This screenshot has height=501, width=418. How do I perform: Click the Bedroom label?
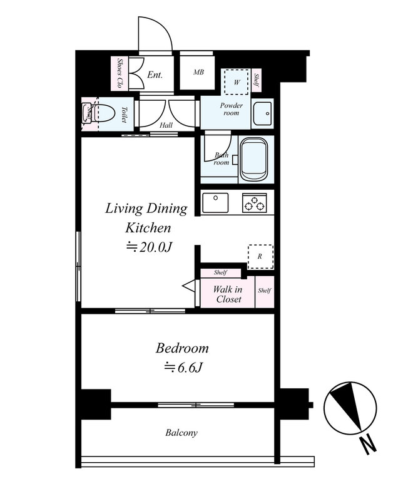[x=182, y=348]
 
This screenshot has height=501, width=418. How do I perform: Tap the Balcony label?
[x=181, y=433]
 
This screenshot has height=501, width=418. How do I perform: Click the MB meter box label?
[x=198, y=72]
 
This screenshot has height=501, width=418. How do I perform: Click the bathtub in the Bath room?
[x=254, y=159]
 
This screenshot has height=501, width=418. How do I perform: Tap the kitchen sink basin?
[x=215, y=202]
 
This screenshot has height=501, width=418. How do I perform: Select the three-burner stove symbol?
[x=254, y=202]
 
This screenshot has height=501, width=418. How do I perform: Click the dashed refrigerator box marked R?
[x=260, y=257]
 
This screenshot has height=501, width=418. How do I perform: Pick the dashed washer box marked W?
[x=237, y=82]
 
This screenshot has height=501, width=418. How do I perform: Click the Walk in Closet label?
[x=228, y=294]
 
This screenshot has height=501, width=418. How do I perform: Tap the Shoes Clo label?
[x=120, y=73]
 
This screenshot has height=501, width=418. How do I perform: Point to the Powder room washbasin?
[x=262, y=113]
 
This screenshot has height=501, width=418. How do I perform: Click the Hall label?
[x=166, y=125]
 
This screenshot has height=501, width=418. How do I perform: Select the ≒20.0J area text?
[x=149, y=247]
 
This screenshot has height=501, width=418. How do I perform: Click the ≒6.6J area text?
[x=183, y=368]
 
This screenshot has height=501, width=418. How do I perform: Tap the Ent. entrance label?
[x=155, y=75]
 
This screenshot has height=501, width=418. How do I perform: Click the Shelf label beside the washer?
[x=256, y=81]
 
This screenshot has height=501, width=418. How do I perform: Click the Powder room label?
[x=231, y=109]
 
